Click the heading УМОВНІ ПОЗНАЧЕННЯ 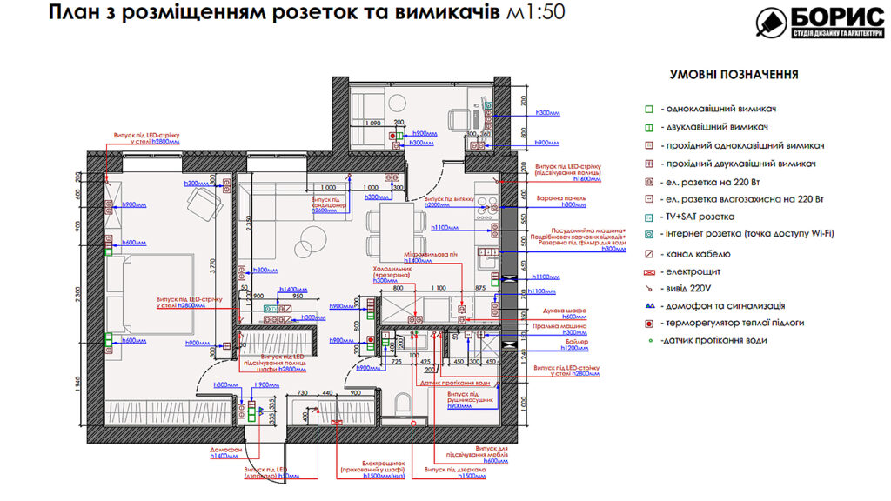733,75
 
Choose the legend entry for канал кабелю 700,254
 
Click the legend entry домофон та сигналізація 722,306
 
